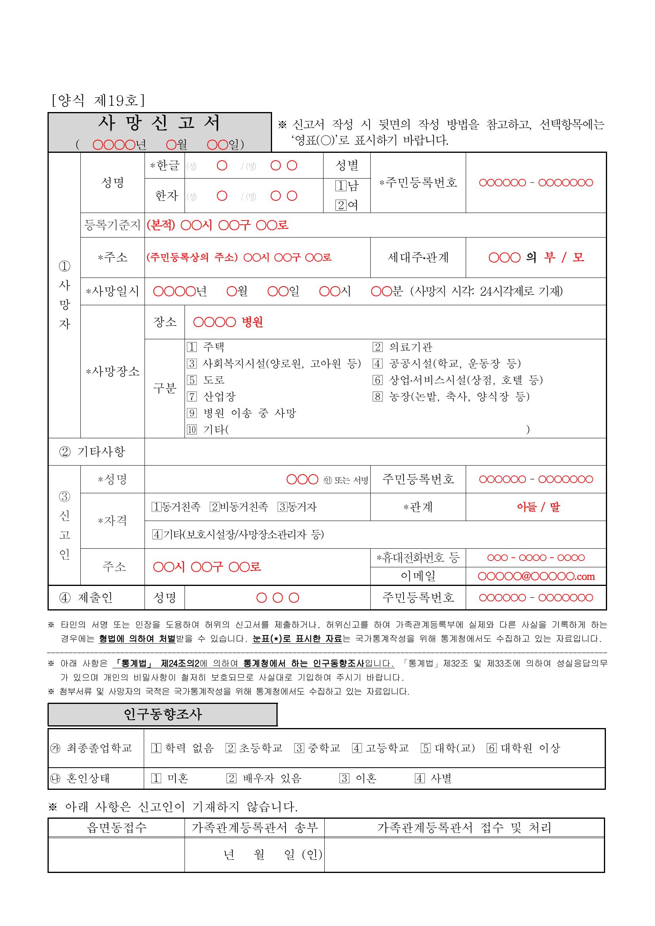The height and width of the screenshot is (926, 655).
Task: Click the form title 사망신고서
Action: point(159,124)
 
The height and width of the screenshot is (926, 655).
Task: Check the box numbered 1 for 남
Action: point(341,186)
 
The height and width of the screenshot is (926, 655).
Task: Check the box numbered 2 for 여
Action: point(341,205)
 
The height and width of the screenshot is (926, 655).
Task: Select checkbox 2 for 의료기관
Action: point(377,347)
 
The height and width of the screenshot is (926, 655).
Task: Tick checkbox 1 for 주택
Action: point(192,347)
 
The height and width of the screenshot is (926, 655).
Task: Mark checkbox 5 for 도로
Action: point(192,380)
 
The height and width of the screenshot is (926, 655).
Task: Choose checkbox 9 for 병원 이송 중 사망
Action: point(192,413)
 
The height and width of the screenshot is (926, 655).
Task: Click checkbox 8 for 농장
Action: point(377,396)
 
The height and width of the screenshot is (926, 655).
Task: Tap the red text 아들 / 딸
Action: point(539,507)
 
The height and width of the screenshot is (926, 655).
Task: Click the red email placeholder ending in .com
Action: point(536,576)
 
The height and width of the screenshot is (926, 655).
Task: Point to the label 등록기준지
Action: point(112,225)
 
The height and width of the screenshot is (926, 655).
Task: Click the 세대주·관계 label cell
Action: point(418,257)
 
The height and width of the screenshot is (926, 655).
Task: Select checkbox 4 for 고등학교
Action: point(357,748)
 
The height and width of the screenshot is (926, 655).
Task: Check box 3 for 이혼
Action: point(344,778)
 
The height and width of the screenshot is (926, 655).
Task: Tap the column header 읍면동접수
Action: point(116,828)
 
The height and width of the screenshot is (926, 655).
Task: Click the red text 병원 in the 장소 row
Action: point(252,322)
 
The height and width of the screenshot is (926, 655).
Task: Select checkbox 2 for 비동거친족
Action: point(214,507)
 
